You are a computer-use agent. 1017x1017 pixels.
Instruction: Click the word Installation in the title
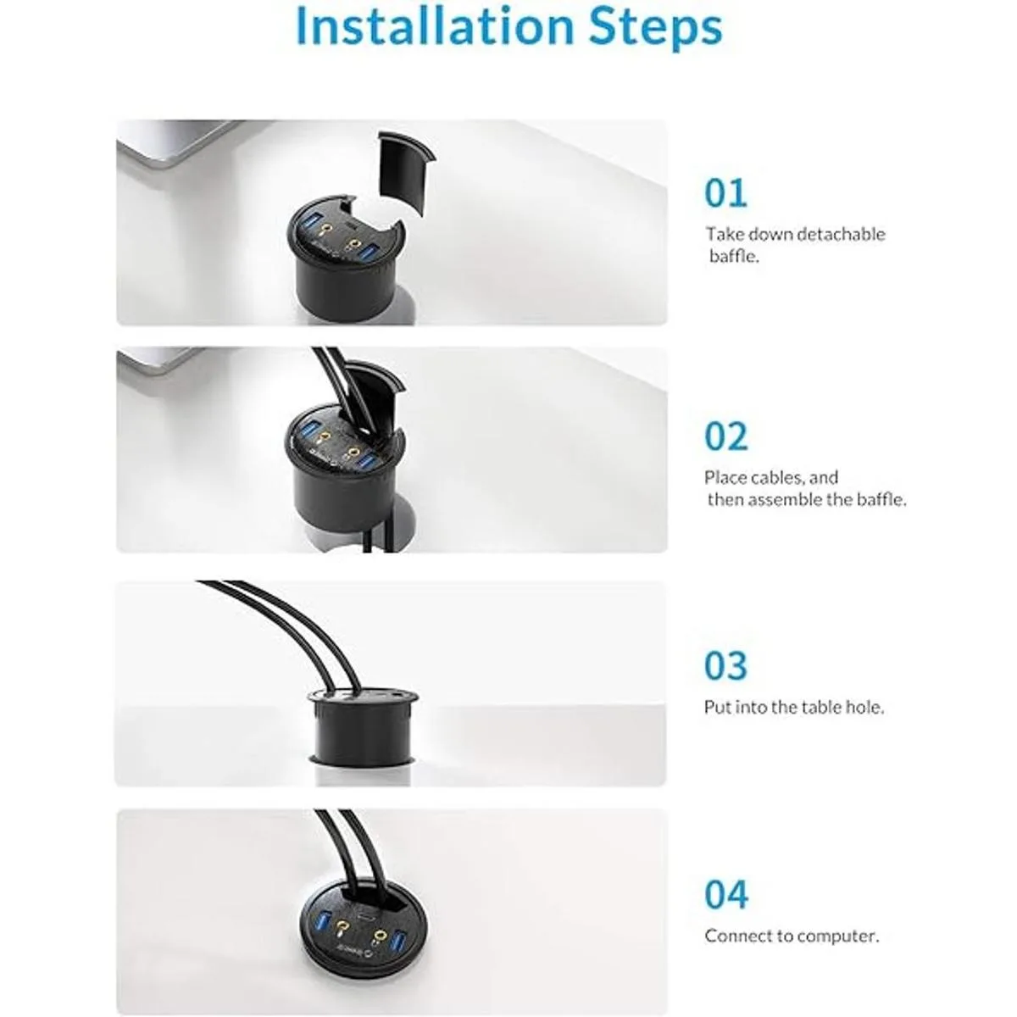click(436, 26)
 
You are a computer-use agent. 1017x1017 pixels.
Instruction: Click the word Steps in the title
click(655, 30)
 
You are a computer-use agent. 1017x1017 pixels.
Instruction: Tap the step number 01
click(725, 193)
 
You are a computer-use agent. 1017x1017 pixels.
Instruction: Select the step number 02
click(726, 436)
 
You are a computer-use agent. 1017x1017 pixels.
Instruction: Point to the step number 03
click(725, 665)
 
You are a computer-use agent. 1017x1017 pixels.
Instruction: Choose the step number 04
click(726, 895)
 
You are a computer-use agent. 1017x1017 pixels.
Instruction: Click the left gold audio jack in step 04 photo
click(343, 928)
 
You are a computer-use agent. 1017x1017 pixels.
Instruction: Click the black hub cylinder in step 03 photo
click(363, 725)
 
